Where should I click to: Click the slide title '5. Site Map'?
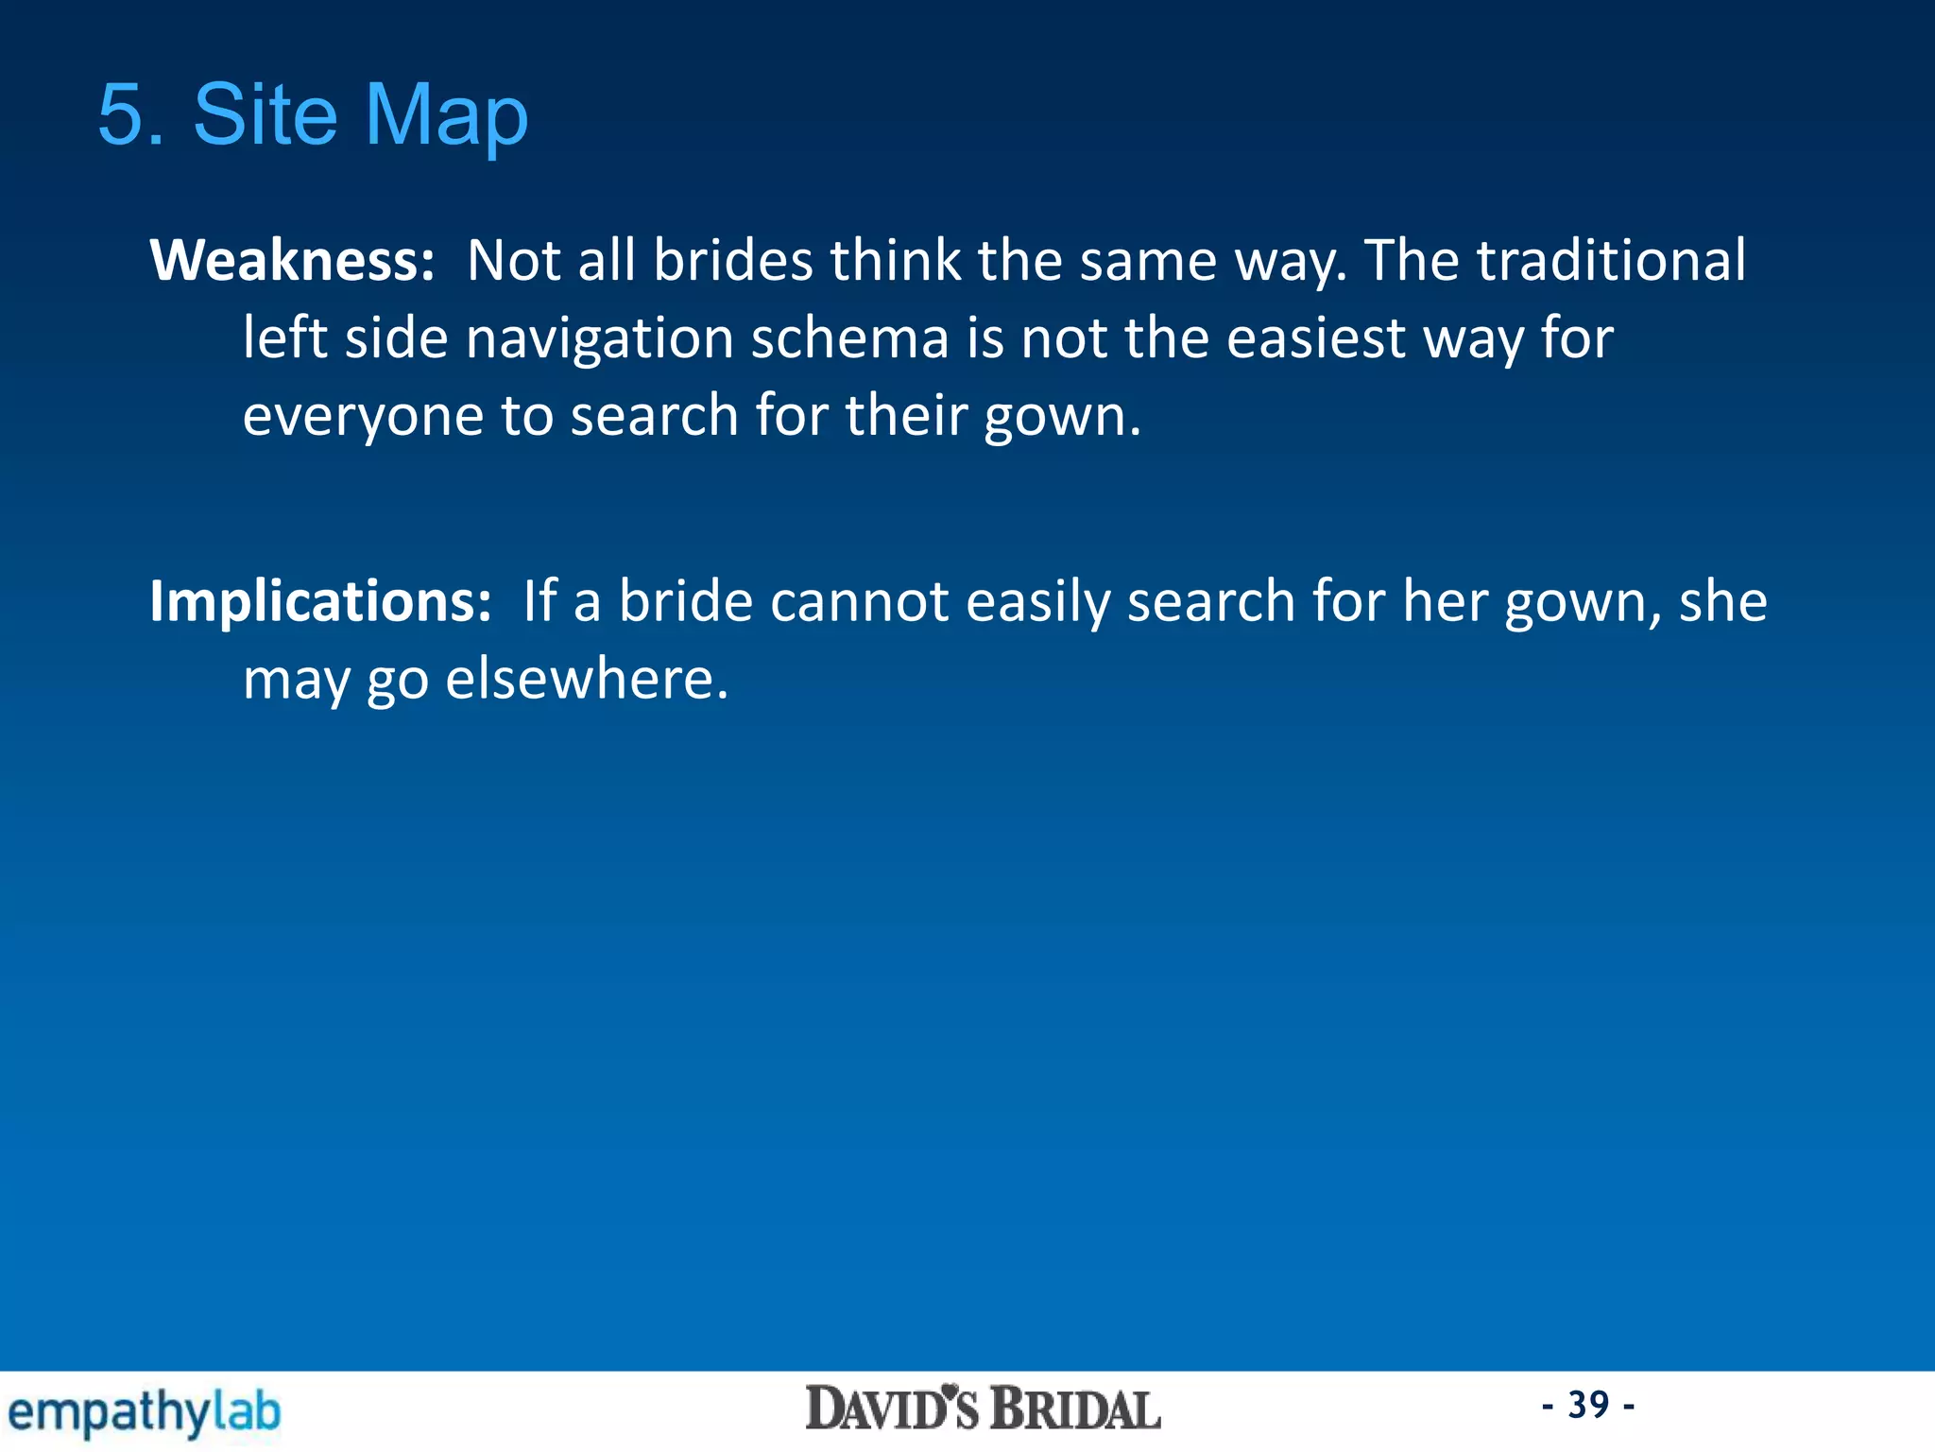tap(313, 114)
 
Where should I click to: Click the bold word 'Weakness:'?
tap(292, 260)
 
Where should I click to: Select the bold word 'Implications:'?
tap(320, 601)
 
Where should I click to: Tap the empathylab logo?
tap(145, 1412)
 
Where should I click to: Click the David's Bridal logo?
tap(983, 1409)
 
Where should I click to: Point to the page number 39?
tap(1588, 1405)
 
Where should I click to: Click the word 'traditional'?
tap(1611, 260)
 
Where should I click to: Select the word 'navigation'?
tap(600, 338)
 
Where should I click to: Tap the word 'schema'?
tap(849, 338)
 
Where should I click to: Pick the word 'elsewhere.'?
tap(587, 679)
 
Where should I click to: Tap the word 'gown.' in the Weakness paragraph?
tap(1062, 416)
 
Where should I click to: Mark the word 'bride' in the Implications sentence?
tap(685, 601)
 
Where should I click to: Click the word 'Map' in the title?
tap(446, 114)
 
